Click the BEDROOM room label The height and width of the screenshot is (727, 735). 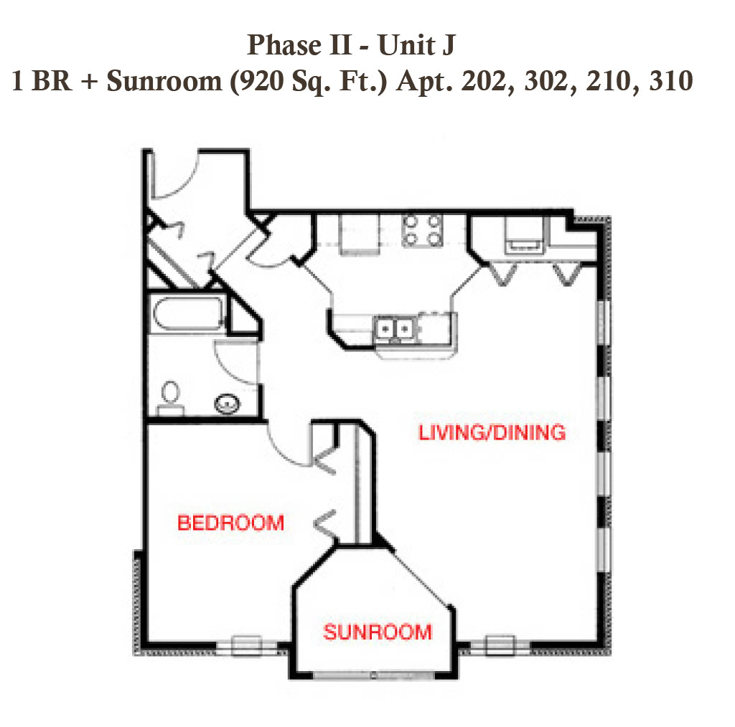[230, 523]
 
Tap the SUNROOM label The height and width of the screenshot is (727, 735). [378, 632]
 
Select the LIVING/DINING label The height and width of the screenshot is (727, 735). [492, 432]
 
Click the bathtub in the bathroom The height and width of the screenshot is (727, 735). [189, 313]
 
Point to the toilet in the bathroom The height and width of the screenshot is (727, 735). [170, 398]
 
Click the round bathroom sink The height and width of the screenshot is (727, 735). [228, 404]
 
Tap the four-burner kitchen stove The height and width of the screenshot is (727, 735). [422, 230]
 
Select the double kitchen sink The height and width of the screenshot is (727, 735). [395, 329]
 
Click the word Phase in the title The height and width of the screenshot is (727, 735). [284, 45]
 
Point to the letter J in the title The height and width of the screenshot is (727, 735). [448, 46]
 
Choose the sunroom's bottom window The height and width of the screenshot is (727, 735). [373, 675]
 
